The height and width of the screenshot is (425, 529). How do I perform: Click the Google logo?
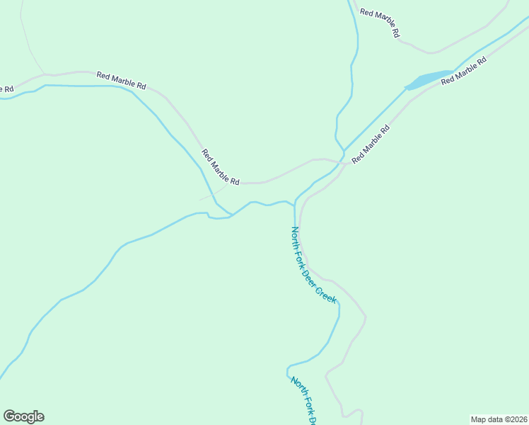pos(23,416)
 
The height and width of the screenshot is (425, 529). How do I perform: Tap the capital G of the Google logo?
pos(9,416)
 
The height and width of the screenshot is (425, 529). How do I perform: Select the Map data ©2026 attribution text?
pos(499,419)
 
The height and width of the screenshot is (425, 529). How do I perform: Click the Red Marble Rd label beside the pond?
pos(464,72)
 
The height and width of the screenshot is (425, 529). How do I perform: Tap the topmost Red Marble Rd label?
pos(380,23)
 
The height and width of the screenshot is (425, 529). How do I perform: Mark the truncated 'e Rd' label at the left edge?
pos(6,89)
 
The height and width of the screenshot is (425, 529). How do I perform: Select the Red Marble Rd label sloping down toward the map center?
pos(220,167)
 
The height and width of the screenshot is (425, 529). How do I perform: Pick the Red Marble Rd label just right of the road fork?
pos(371,144)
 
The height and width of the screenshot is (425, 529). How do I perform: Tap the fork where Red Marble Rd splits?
pos(340,162)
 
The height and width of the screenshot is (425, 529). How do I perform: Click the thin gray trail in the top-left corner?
pos(30,42)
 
